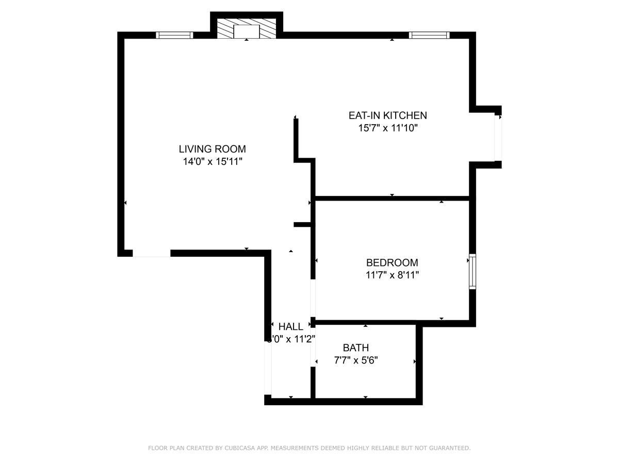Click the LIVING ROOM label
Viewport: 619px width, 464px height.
click(212, 149)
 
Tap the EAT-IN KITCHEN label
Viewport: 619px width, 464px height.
click(387, 115)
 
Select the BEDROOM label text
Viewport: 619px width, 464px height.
click(392, 262)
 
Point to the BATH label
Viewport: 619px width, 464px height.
click(355, 348)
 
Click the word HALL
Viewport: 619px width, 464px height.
click(290, 326)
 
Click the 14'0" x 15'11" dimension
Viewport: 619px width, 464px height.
click(212, 162)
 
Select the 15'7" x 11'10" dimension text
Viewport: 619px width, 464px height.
click(387, 128)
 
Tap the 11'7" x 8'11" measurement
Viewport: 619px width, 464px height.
click(392, 275)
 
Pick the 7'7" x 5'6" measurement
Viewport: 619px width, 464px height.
click(355, 360)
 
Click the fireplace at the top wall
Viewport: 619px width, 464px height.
click(246, 29)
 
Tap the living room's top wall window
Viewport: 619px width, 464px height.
click(174, 35)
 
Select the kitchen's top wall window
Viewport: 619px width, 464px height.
click(429, 35)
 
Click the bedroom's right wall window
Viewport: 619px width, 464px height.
click(472, 271)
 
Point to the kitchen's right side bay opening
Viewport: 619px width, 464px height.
click(498, 138)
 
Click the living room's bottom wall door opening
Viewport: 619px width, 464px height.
click(151, 253)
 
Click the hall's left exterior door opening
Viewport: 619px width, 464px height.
click(267, 368)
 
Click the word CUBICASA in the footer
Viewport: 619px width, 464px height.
click(241, 448)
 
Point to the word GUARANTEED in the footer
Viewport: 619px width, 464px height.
click(448, 448)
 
